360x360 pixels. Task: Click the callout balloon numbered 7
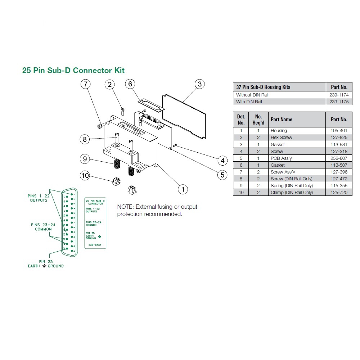pos(85,85)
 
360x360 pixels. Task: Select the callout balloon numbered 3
pos(199,84)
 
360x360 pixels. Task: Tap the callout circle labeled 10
pos(85,175)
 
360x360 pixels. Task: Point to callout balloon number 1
pos(183,189)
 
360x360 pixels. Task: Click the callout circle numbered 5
pos(222,175)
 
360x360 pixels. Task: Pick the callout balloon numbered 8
pos(85,139)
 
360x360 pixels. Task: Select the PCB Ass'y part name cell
pos(280,158)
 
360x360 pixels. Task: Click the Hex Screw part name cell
pos(281,138)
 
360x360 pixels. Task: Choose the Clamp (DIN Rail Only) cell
pos(292,193)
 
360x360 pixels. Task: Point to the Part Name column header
pos(281,120)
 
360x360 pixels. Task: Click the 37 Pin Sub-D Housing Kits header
pos(263,87)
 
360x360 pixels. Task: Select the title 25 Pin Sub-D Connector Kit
pos(73,70)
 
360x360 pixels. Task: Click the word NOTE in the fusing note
pos(125,207)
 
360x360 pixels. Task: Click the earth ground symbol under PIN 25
pos(44,266)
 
